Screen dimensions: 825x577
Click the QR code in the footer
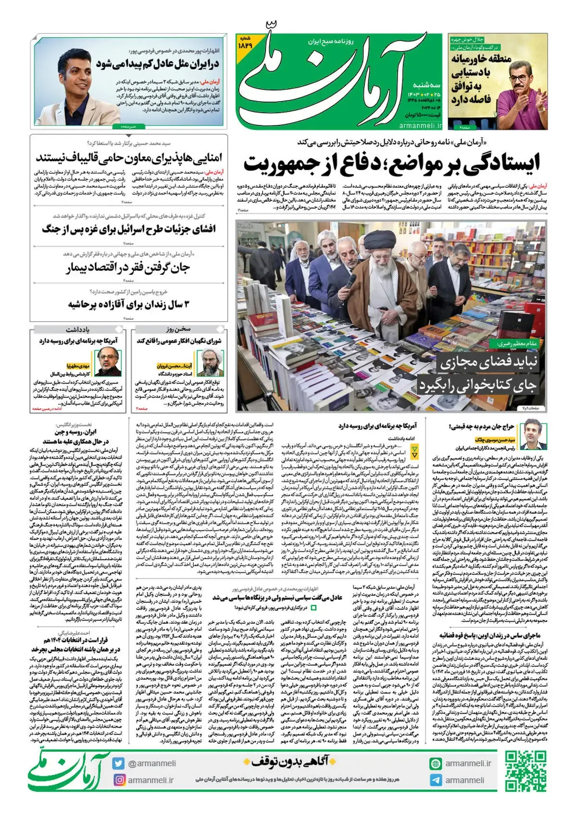(525, 771)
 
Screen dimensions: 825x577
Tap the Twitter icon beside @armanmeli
(118, 763)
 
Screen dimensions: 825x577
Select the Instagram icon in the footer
(118, 780)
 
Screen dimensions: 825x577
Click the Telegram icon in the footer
(436, 780)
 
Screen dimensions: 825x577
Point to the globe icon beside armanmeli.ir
(436, 763)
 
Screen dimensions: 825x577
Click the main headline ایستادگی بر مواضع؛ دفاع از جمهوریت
(391, 163)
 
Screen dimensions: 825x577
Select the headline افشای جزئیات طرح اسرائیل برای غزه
(129, 229)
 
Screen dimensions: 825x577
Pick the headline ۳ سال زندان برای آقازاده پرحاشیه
(129, 304)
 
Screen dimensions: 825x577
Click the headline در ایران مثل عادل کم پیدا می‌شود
(157, 64)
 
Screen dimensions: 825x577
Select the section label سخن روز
(178, 329)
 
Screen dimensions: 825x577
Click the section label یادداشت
(77, 329)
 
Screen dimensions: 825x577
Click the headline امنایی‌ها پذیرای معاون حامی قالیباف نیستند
(129, 157)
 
